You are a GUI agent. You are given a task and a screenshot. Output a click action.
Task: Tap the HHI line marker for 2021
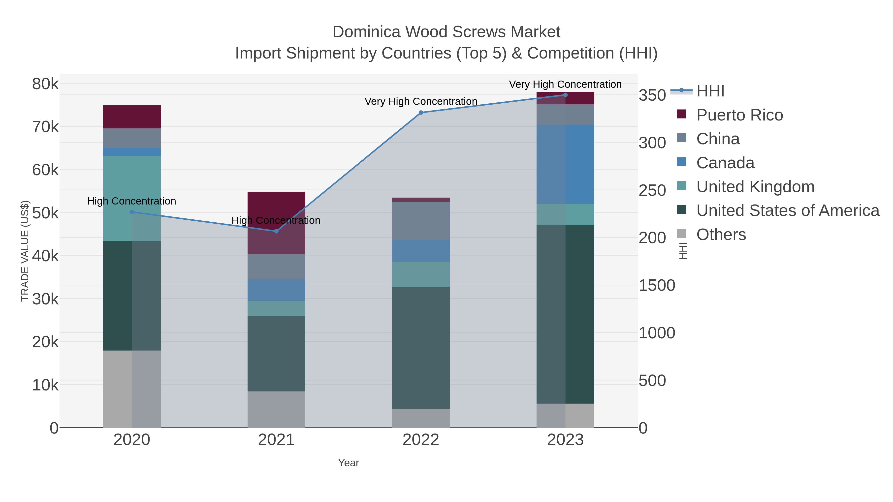pos(276,231)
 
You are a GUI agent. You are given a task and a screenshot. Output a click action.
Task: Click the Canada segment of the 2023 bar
pos(565,164)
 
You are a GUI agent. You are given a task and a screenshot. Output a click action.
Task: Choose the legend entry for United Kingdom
pos(755,187)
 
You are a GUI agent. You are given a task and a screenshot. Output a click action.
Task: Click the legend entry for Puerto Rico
pos(739,115)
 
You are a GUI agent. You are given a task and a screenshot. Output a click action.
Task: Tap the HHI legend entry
pos(710,91)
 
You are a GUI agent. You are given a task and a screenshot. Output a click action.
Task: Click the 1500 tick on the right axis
pos(657,286)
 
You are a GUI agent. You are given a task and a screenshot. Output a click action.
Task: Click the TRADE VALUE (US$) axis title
pos(25,251)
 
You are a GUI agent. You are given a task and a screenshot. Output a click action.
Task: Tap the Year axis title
pos(349,463)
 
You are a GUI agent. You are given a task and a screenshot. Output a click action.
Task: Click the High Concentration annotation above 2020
pos(132,201)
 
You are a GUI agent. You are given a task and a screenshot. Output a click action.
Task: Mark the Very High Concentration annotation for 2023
pos(565,84)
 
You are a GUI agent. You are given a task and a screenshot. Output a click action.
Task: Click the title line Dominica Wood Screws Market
pos(446,32)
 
